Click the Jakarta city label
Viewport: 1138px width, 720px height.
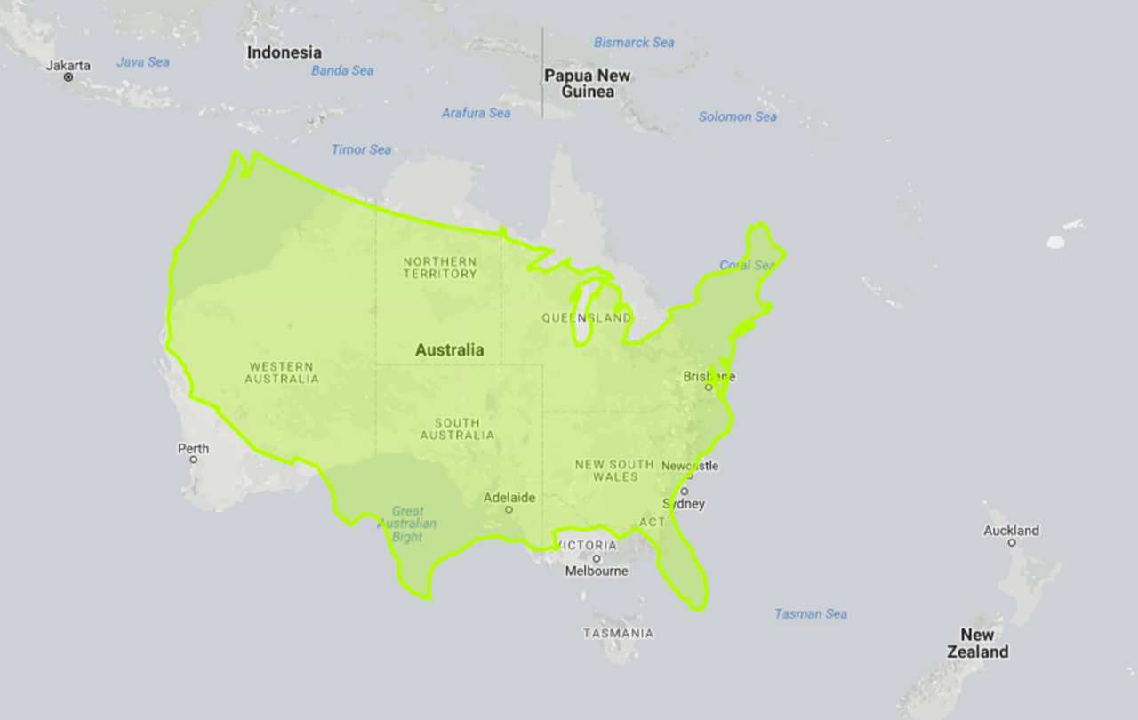68,66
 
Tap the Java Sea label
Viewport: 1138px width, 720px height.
143,62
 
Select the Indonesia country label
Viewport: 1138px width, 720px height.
284,52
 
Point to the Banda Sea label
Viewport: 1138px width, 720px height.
342,70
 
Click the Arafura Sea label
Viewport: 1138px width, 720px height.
477,113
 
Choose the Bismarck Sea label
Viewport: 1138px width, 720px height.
634,43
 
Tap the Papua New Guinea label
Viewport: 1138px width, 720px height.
587,84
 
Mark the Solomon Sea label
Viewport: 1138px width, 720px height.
738,116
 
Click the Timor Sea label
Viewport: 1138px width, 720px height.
361,149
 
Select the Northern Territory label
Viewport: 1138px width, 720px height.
440,268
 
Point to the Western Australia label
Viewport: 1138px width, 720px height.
282,372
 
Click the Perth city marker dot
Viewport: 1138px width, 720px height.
194,460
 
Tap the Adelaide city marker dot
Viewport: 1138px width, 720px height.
509,510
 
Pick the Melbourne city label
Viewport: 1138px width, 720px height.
597,572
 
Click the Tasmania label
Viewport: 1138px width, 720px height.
618,634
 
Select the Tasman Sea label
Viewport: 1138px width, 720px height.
811,613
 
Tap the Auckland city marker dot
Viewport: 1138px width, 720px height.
1012,543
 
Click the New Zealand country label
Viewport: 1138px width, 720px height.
983,644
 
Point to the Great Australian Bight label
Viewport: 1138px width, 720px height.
408,524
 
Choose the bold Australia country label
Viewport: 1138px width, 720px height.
450,350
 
